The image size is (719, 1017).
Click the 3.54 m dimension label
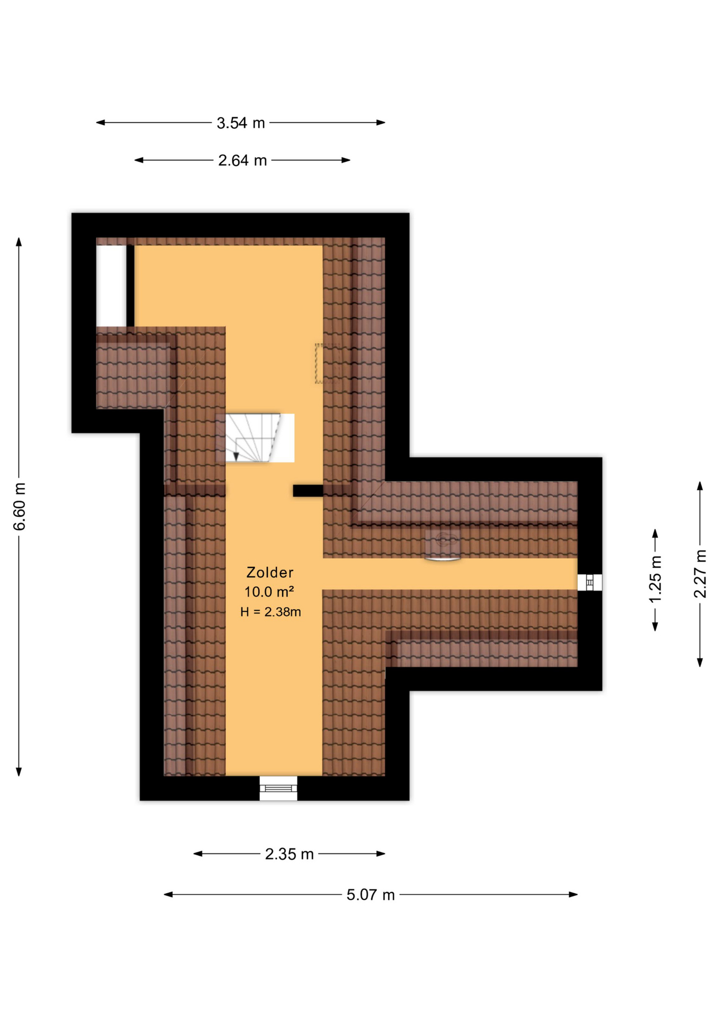point(240,123)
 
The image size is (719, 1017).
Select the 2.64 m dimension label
point(242,160)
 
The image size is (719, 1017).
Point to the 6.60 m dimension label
point(20,506)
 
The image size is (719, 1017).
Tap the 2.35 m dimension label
point(289,854)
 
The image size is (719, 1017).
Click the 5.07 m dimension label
point(371,895)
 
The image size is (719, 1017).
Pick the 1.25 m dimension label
point(655,579)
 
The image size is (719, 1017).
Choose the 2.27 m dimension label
point(700,574)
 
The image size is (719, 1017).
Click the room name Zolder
point(269,572)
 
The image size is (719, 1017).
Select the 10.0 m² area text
point(269,592)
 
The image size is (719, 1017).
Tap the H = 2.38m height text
point(271,612)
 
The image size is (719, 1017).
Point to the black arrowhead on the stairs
point(236,457)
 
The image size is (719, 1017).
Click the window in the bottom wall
point(278,788)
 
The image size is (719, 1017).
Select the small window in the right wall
point(589,582)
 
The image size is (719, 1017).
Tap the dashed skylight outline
point(328,363)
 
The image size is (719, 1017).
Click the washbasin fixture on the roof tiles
point(443,545)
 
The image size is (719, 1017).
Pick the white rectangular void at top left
point(111,286)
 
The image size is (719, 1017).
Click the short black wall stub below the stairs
point(308,491)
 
